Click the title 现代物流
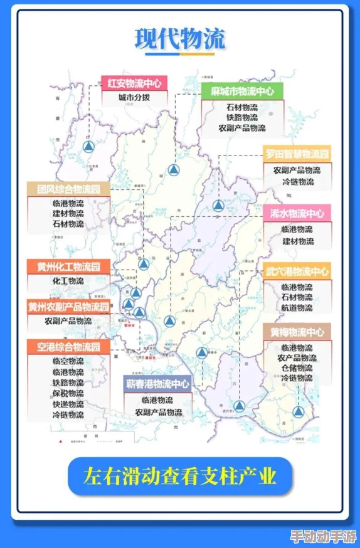179,40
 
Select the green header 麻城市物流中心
242,91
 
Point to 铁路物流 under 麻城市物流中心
242,117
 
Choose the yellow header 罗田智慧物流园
297,154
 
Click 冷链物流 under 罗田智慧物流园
297,182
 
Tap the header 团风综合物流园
68,189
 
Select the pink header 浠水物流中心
297,213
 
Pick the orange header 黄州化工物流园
68,266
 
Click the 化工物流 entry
68,281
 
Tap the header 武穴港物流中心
297,271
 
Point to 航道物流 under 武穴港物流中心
297,307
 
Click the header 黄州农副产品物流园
68,307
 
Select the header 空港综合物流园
68,347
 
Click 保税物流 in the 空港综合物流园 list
68,394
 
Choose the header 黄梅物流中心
297,332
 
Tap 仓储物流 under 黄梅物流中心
297,368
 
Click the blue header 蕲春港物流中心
157,384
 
